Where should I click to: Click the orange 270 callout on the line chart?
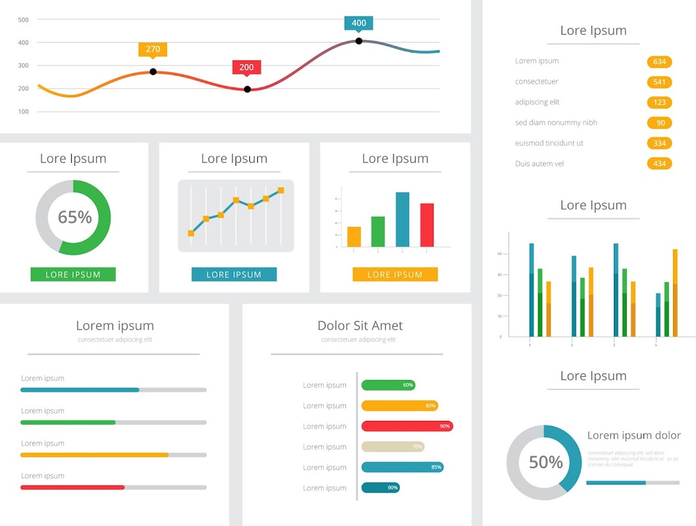[153, 49]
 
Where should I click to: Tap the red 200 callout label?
[247, 67]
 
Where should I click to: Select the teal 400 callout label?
[359, 23]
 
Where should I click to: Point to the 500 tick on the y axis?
[24, 20]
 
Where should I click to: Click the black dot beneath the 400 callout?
[359, 41]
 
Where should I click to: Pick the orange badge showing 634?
[659, 62]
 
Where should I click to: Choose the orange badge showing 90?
[660, 123]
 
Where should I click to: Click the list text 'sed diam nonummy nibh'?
[556, 123]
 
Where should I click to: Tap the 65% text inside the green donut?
[74, 217]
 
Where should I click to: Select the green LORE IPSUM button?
[73, 275]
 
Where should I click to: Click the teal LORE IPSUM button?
[234, 275]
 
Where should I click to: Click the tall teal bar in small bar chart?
[403, 220]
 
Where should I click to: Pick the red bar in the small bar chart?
[427, 225]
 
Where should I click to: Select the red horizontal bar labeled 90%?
[407, 426]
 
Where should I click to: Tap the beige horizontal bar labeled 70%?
[393, 446]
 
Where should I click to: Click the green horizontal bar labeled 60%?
[388, 385]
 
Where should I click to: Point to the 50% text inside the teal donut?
[545, 462]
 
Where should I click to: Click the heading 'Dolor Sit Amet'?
[360, 325]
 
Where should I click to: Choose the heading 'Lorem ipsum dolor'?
[634, 435]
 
